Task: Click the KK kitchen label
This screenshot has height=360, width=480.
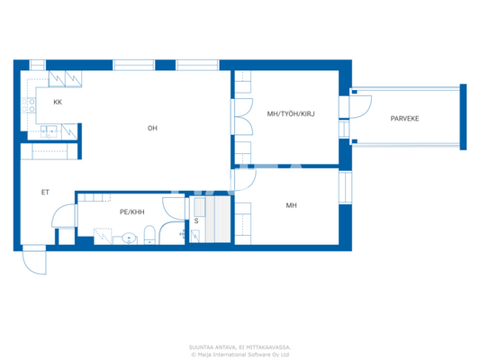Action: click(x=58, y=103)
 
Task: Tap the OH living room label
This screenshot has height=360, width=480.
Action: click(x=153, y=129)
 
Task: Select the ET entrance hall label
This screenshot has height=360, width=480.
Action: click(x=45, y=193)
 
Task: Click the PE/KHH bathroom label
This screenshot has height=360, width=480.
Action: click(x=131, y=212)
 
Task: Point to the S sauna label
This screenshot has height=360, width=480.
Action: click(x=196, y=220)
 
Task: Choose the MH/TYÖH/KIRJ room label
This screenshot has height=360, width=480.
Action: click(x=290, y=114)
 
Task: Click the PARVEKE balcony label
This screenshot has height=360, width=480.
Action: click(x=404, y=119)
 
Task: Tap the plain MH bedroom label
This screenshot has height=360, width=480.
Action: click(x=291, y=206)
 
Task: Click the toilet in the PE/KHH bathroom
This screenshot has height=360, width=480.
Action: click(x=149, y=236)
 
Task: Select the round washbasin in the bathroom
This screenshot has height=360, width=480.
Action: click(x=129, y=239)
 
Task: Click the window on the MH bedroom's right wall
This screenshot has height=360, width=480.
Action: click(x=343, y=187)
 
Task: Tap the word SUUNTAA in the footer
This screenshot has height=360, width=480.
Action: click(x=200, y=346)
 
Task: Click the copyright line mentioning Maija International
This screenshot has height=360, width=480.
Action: click(x=240, y=354)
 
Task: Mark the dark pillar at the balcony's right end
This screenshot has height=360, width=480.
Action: click(x=463, y=117)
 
